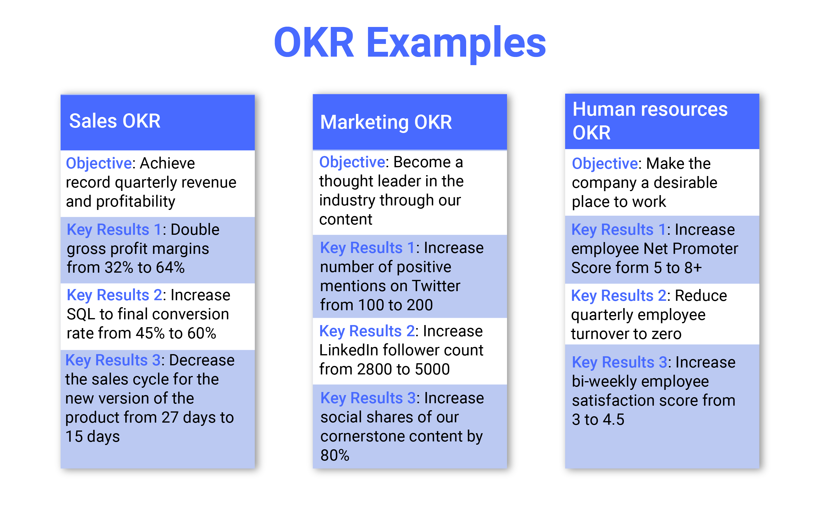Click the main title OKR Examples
tap(410, 43)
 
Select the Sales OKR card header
tap(157, 122)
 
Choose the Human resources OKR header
tap(662, 121)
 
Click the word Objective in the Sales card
tap(99, 163)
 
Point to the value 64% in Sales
tap(170, 267)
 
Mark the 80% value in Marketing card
tap(335, 455)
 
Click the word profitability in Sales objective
tap(136, 202)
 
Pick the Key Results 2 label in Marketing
tap(367, 331)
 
